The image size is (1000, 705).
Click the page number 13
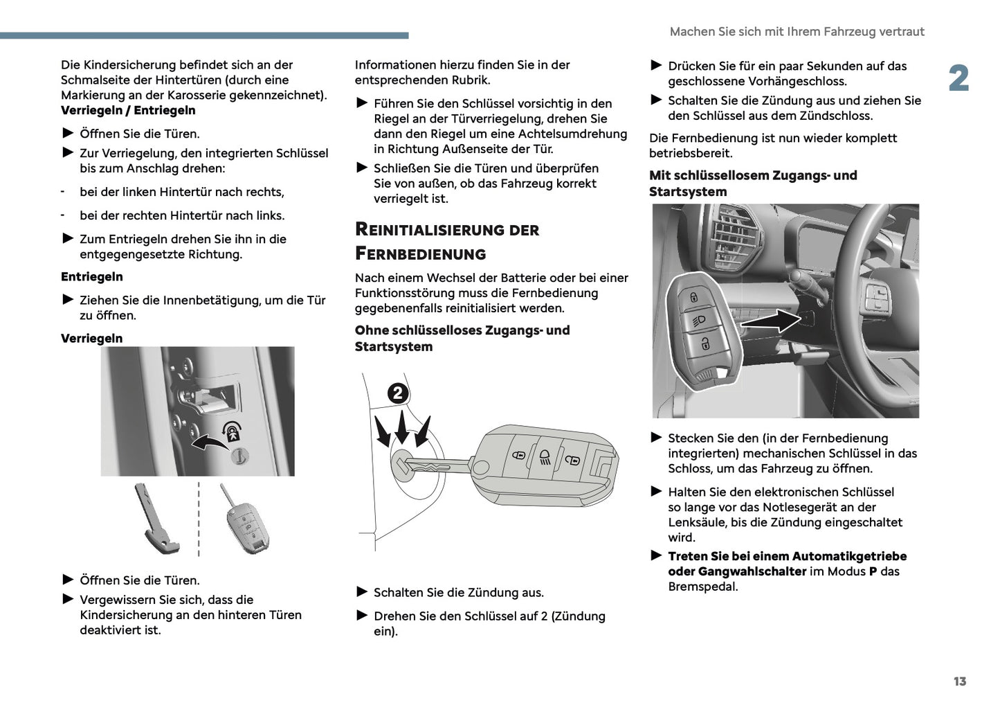click(959, 681)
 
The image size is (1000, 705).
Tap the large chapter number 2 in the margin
click(958, 79)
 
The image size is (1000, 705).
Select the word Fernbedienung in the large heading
click(421, 254)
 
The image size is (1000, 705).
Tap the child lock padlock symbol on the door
click(232, 432)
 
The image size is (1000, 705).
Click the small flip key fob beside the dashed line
click(246, 523)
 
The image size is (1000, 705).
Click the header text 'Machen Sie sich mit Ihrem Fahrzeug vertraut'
click(797, 32)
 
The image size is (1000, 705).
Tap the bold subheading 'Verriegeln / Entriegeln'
click(128, 111)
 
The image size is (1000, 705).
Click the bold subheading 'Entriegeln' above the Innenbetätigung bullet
click(92, 277)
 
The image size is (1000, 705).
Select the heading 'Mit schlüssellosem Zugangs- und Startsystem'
click(753, 184)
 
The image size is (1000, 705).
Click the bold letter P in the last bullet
click(873, 572)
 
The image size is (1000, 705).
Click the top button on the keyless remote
click(693, 297)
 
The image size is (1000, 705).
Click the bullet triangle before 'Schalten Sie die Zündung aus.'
click(361, 592)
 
